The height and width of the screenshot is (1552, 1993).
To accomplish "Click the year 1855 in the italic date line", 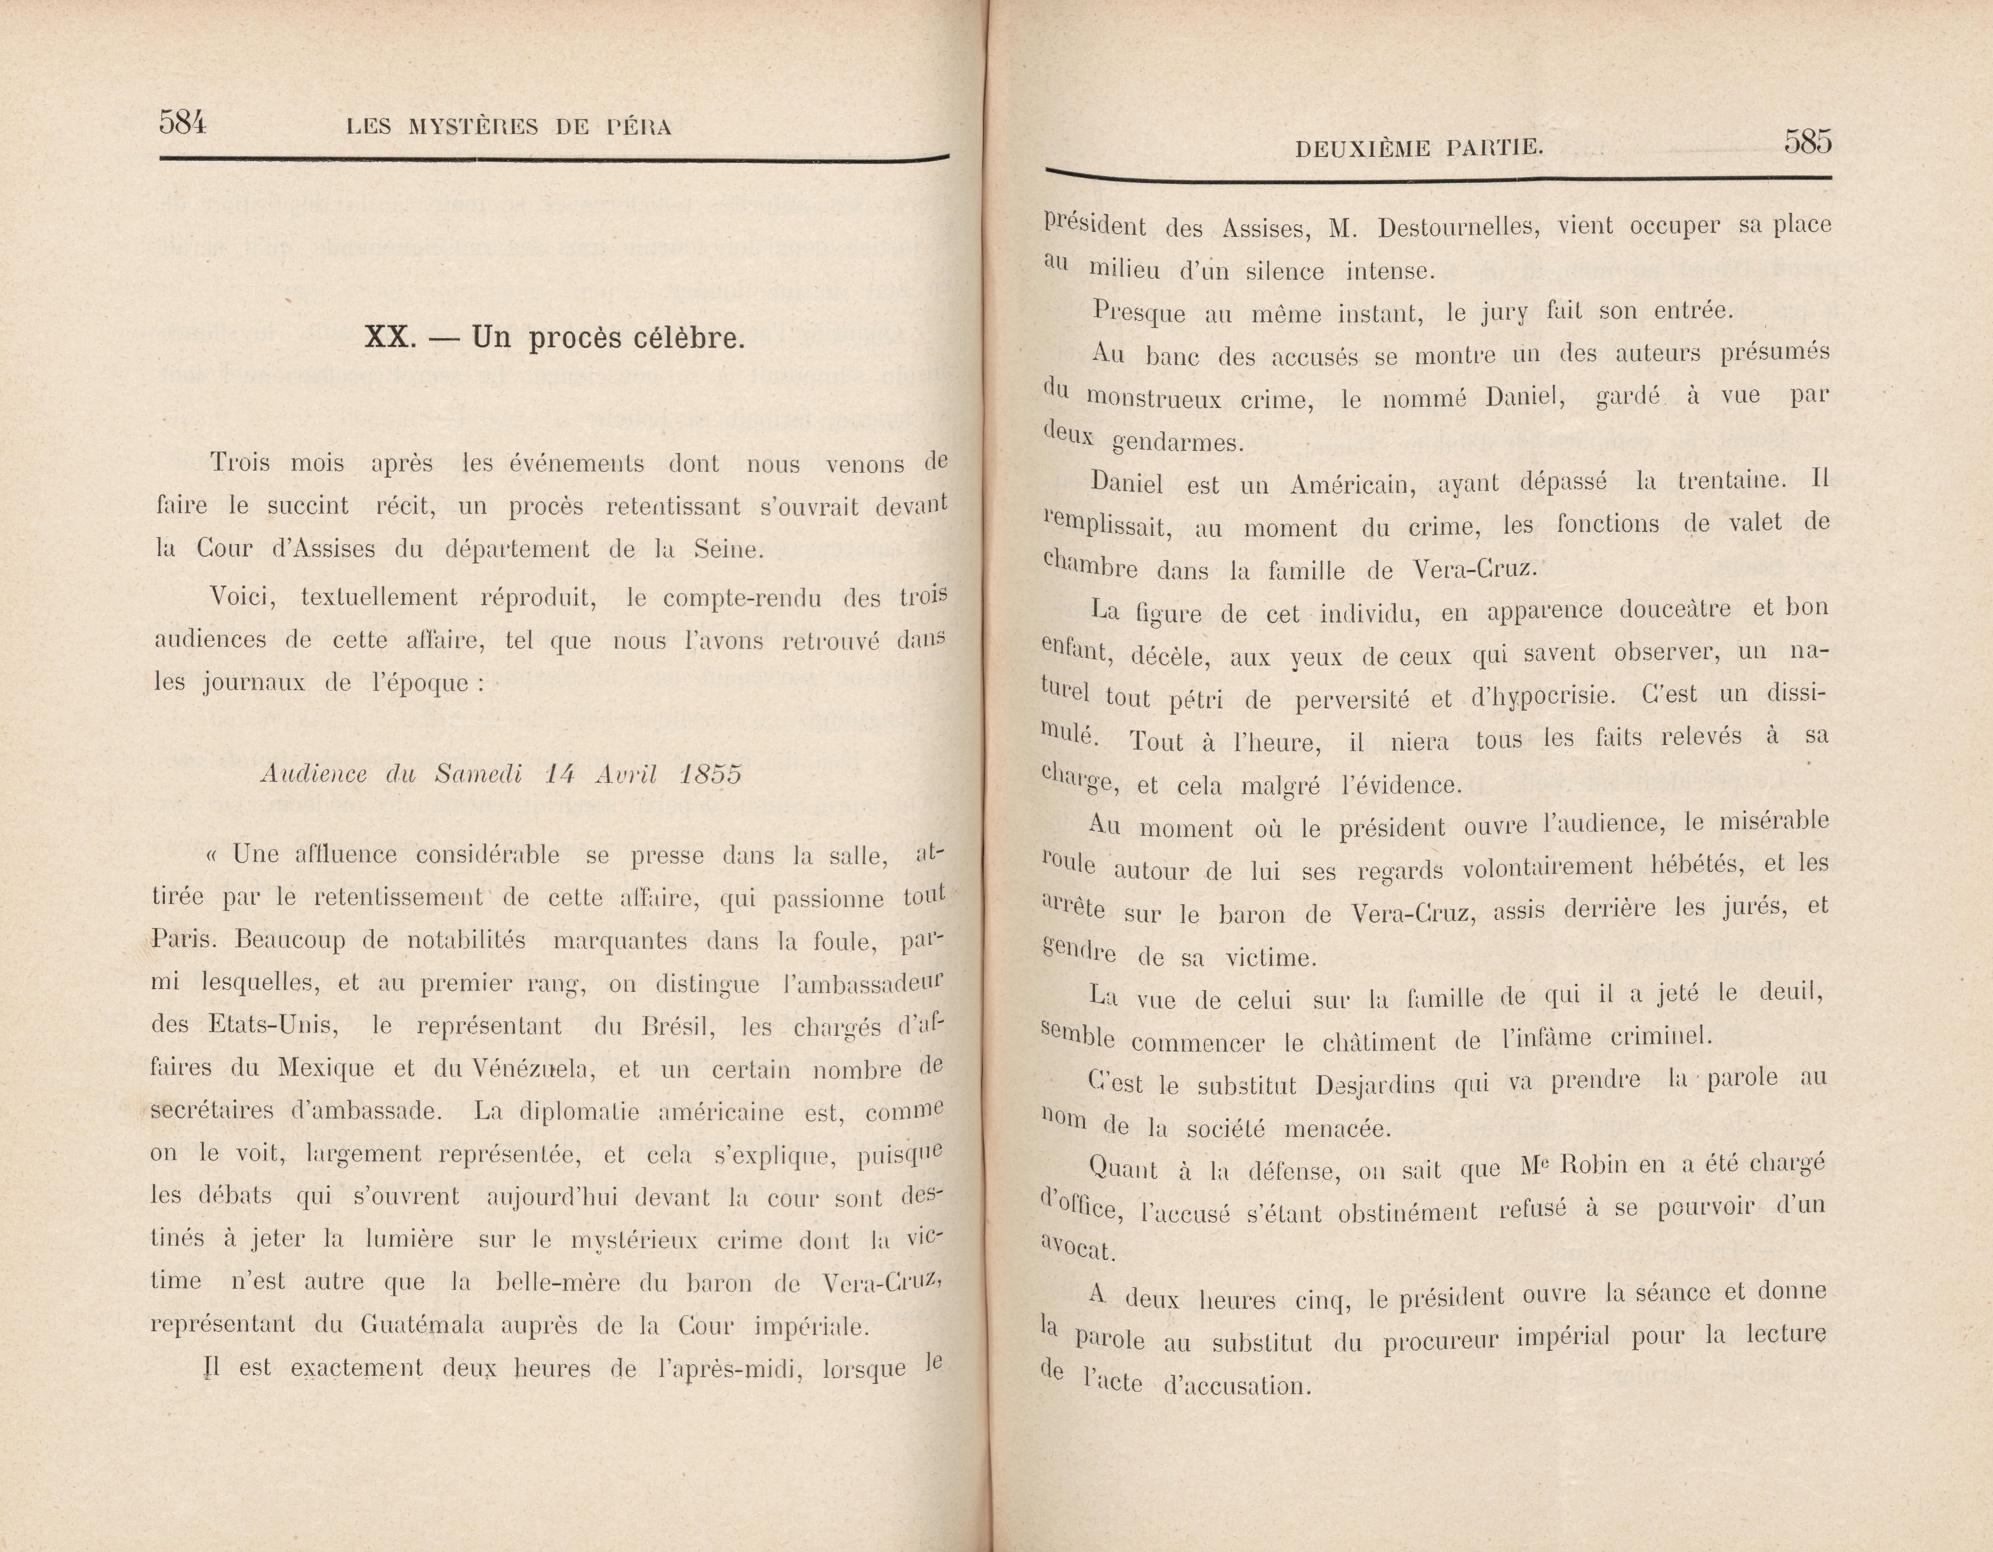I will tap(710, 774).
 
